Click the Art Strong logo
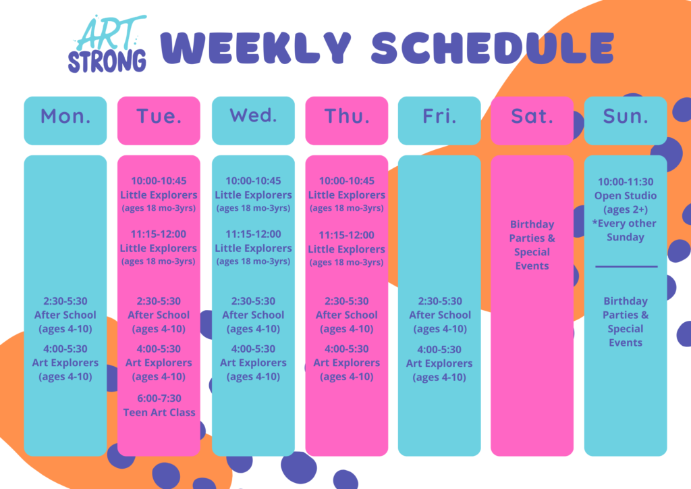pyautogui.click(x=107, y=44)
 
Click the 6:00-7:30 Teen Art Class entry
pyautogui.click(x=159, y=405)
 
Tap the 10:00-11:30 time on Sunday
pyautogui.click(x=626, y=182)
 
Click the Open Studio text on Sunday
pyautogui.click(x=626, y=195)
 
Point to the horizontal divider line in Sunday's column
pyautogui.click(x=626, y=266)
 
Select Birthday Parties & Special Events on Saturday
pyautogui.click(x=532, y=244)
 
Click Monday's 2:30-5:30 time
pyautogui.click(x=65, y=301)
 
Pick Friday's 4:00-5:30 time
pyautogui.click(x=439, y=350)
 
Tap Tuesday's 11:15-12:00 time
pyautogui.click(x=159, y=234)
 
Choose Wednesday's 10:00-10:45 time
pyautogui.click(x=254, y=181)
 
